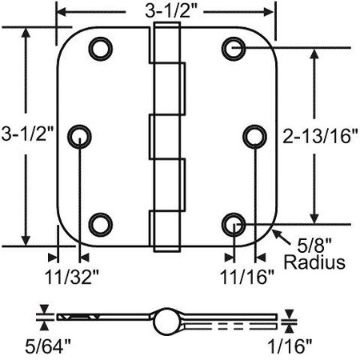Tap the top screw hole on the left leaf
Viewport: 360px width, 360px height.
point(101,49)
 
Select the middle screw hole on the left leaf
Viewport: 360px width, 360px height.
point(81,136)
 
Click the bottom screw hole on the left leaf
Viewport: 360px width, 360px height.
point(101,223)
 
